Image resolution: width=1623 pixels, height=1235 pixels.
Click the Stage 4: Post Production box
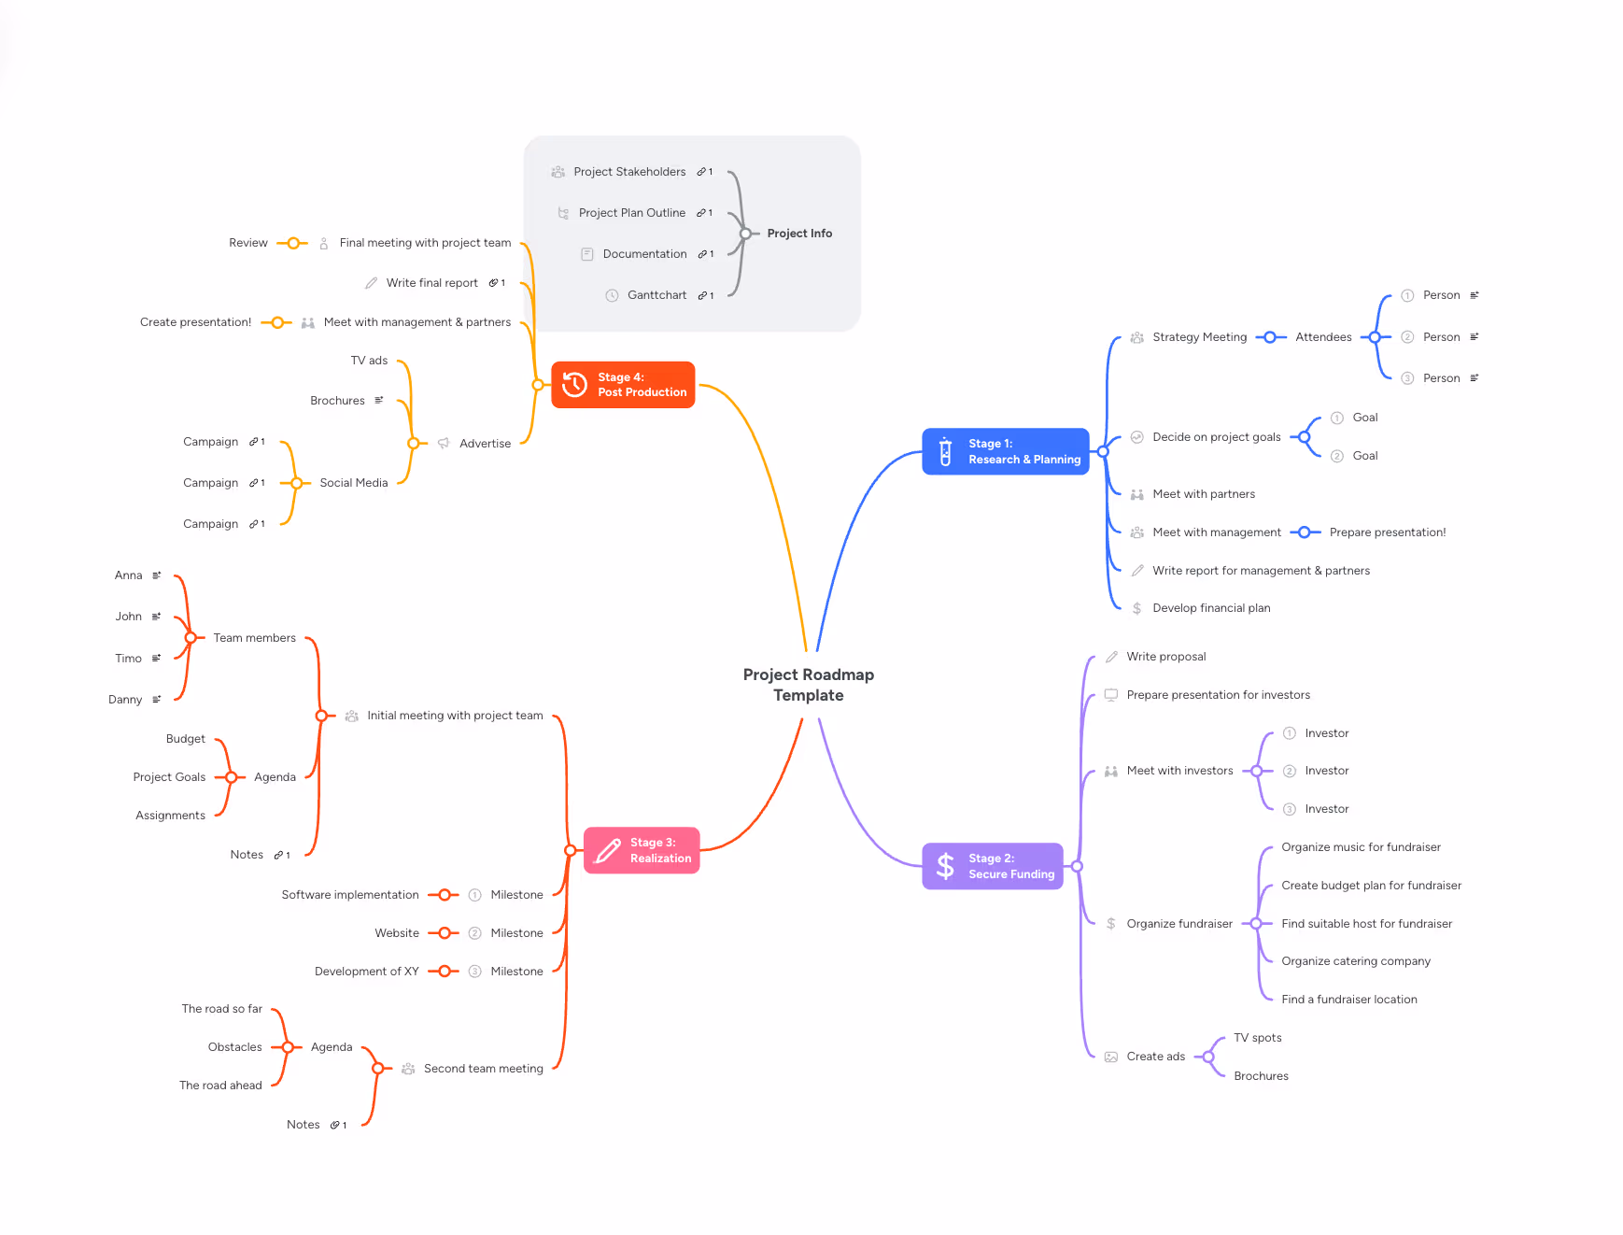point(623,385)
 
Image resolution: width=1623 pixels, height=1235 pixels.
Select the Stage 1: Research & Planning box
point(1005,452)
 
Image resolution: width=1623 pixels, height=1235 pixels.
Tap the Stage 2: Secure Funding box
point(992,867)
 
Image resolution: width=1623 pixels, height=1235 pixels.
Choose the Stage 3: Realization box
point(642,850)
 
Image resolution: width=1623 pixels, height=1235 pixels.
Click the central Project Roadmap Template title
point(808,685)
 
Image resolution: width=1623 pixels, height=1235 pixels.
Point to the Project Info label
point(799,234)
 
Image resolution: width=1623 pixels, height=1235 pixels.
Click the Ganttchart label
point(656,295)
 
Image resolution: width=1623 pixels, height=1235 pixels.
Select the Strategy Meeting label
point(1199,337)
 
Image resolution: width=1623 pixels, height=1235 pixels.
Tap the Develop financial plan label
point(1211,608)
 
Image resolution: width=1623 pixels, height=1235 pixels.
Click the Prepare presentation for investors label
point(1218,695)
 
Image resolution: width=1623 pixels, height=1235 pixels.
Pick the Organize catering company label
point(1355,961)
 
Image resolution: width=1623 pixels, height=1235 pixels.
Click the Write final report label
point(431,283)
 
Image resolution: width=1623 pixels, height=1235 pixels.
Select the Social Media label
point(353,483)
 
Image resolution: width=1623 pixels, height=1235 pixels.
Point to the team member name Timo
point(128,659)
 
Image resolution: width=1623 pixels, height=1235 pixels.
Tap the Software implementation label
point(350,895)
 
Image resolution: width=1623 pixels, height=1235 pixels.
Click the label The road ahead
point(220,1086)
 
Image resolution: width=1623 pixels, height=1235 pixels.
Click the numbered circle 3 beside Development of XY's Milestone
point(474,972)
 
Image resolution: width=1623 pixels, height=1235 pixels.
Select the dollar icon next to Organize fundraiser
point(1110,924)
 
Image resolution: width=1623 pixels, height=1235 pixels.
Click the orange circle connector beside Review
point(293,243)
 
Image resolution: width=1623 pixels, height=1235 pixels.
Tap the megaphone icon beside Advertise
point(444,444)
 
